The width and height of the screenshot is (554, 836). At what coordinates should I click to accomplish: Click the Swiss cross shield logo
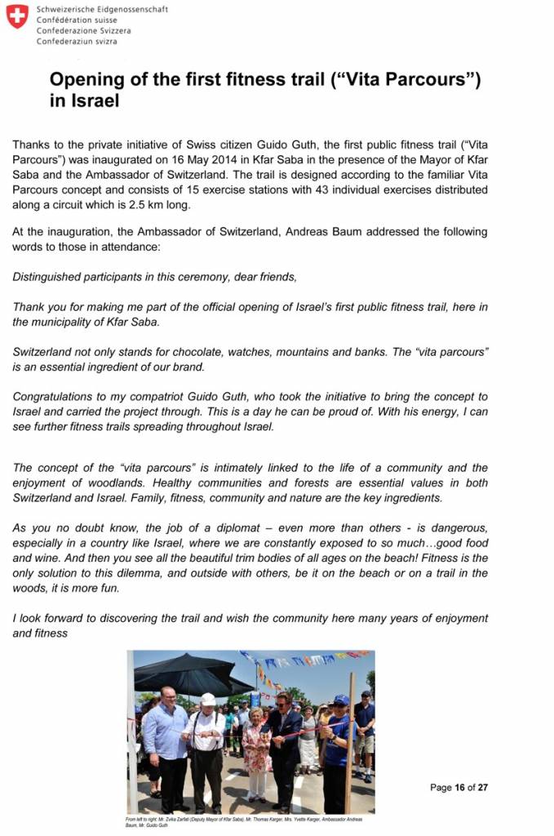[x=17, y=16]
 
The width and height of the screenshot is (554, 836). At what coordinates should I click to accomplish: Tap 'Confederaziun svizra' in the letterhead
[x=77, y=41]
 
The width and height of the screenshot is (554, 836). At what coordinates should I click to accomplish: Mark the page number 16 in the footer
[x=460, y=788]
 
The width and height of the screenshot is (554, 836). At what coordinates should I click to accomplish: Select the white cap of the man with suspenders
[x=208, y=700]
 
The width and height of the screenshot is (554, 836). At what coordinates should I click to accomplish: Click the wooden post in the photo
[x=350, y=743]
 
